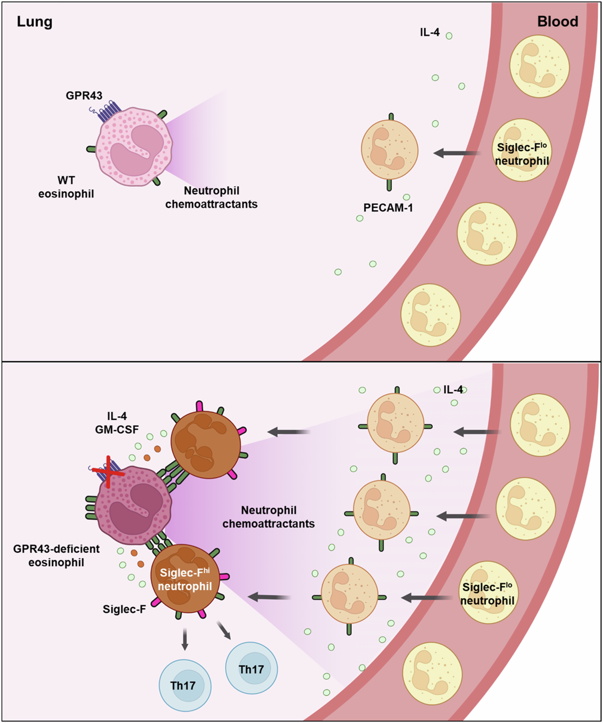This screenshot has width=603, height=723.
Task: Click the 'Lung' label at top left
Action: pyautogui.click(x=35, y=22)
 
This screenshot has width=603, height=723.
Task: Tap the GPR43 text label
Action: pyautogui.click(x=84, y=95)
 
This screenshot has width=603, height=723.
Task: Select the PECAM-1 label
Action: pyautogui.click(x=388, y=208)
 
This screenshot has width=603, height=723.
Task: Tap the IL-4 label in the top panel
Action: pyautogui.click(x=430, y=33)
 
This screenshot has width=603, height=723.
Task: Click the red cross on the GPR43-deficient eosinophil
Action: pyautogui.click(x=108, y=472)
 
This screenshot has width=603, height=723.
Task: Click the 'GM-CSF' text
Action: pyautogui.click(x=117, y=430)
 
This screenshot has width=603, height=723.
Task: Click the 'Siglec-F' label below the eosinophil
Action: pyautogui.click(x=124, y=609)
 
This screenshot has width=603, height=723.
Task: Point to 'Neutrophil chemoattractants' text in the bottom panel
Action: pyautogui.click(x=269, y=517)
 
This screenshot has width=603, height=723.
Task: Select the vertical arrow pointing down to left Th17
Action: pyautogui.click(x=185, y=639)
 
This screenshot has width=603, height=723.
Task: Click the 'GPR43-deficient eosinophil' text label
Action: pyautogui.click(x=56, y=555)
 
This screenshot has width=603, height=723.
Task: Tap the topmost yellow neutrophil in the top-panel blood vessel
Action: pyautogui.click(x=539, y=66)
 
